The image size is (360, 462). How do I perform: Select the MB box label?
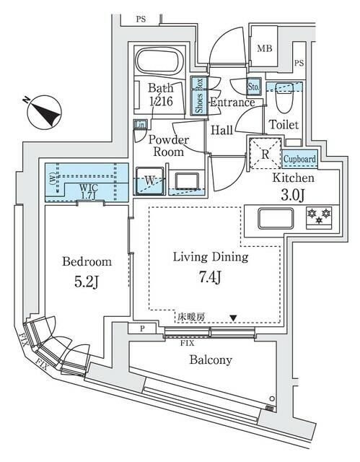tap(264, 49)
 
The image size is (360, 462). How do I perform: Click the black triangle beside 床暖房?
tap(232, 317)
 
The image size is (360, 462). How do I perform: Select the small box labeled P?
tap(141, 329)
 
